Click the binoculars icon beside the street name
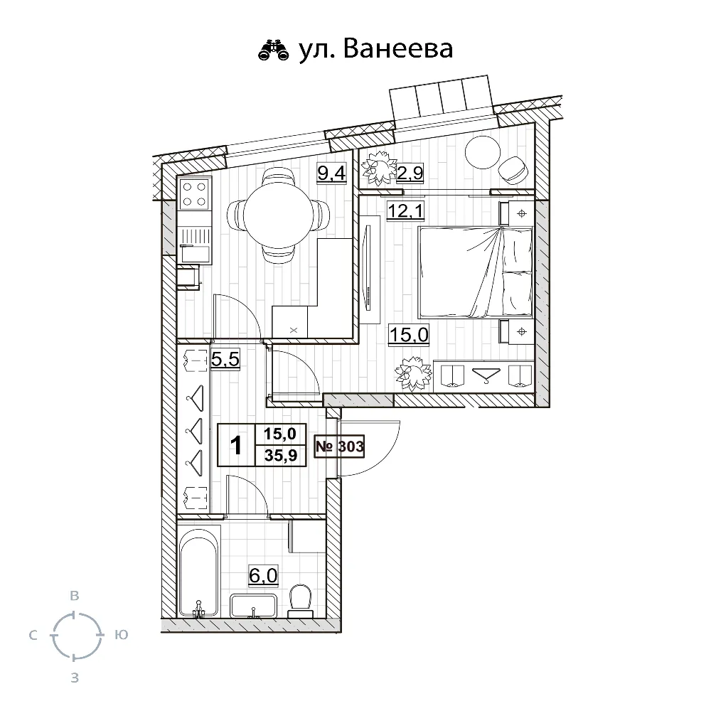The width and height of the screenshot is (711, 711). point(274,50)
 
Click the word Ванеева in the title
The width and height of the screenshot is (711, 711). point(398,49)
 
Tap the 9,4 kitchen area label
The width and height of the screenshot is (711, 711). point(331,173)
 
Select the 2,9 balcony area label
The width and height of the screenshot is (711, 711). point(410,173)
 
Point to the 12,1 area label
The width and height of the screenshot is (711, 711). point(405,211)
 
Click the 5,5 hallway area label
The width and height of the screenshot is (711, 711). point(225,360)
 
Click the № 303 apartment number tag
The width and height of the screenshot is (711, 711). point(339,447)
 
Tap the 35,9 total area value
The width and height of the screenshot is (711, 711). point(281,455)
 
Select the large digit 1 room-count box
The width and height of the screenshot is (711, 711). point(236,445)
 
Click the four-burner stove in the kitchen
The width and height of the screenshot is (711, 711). point(195,193)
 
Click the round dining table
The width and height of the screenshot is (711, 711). point(278,215)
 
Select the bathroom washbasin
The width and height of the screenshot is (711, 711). point(253,605)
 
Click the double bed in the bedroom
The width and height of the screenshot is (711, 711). point(475,272)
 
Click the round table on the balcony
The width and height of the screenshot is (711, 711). point(483,152)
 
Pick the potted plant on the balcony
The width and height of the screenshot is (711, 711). point(379,167)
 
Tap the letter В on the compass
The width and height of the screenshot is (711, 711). point(75,595)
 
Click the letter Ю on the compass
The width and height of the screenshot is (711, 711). point(121,635)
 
